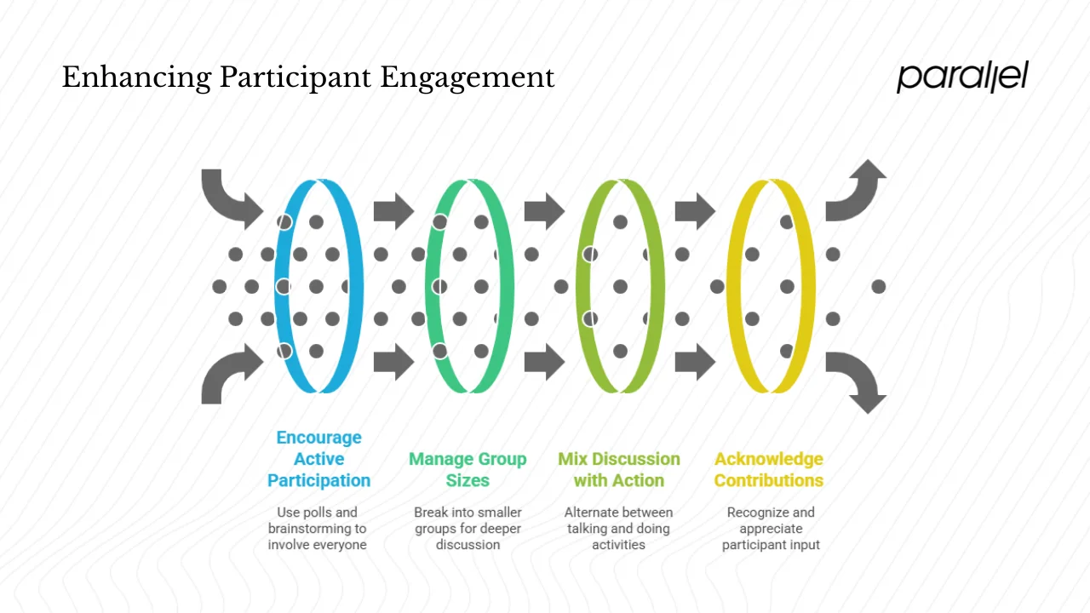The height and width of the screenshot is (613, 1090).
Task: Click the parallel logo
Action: pyautogui.click(x=962, y=77)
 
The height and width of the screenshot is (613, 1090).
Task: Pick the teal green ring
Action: pyautogui.click(x=502, y=286)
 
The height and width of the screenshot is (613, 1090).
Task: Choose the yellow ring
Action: pyautogui.click(x=804, y=286)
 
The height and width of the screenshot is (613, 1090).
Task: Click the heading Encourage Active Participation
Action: pyautogui.click(x=318, y=459)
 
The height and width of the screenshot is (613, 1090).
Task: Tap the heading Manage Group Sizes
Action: pyautogui.click(x=468, y=469)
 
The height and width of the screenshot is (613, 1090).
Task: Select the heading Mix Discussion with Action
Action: pyautogui.click(x=619, y=469)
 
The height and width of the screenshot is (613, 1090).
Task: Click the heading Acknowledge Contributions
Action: pyautogui.click(x=769, y=469)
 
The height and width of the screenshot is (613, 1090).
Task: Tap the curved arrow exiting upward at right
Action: pyautogui.click(x=857, y=191)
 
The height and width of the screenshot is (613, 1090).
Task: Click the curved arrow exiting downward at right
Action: pyautogui.click(x=857, y=381)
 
